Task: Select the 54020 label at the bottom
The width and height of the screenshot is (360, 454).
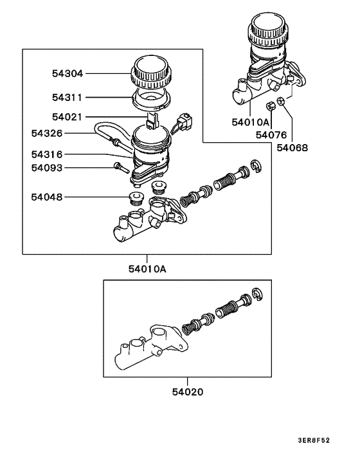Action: coord(188,390)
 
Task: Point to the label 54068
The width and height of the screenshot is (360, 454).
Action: coord(292,147)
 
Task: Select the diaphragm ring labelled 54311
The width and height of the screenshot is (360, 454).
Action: coord(150,98)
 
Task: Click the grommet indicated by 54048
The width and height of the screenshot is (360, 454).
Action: coord(136,198)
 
